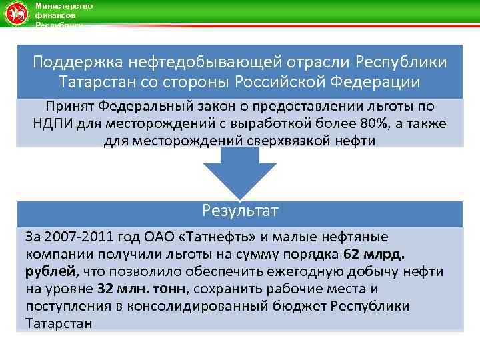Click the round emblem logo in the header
click(x=17, y=13)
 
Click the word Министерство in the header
click(x=63, y=5)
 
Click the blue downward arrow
click(x=239, y=173)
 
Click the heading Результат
click(x=239, y=211)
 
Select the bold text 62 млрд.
click(x=377, y=254)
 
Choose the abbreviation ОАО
click(x=145, y=237)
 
